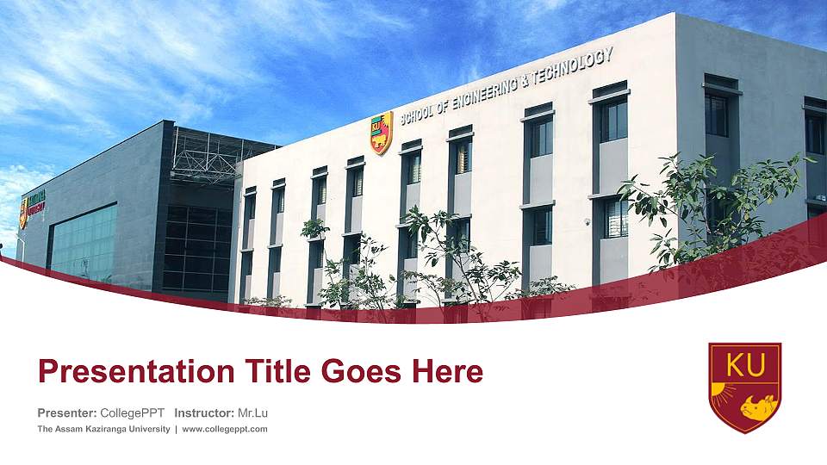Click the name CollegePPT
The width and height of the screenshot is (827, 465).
click(133, 414)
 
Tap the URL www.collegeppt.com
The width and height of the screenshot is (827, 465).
click(225, 429)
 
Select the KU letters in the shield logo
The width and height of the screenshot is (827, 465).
click(745, 366)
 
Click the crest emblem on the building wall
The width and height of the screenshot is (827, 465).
click(382, 133)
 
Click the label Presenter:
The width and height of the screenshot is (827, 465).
click(66, 414)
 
